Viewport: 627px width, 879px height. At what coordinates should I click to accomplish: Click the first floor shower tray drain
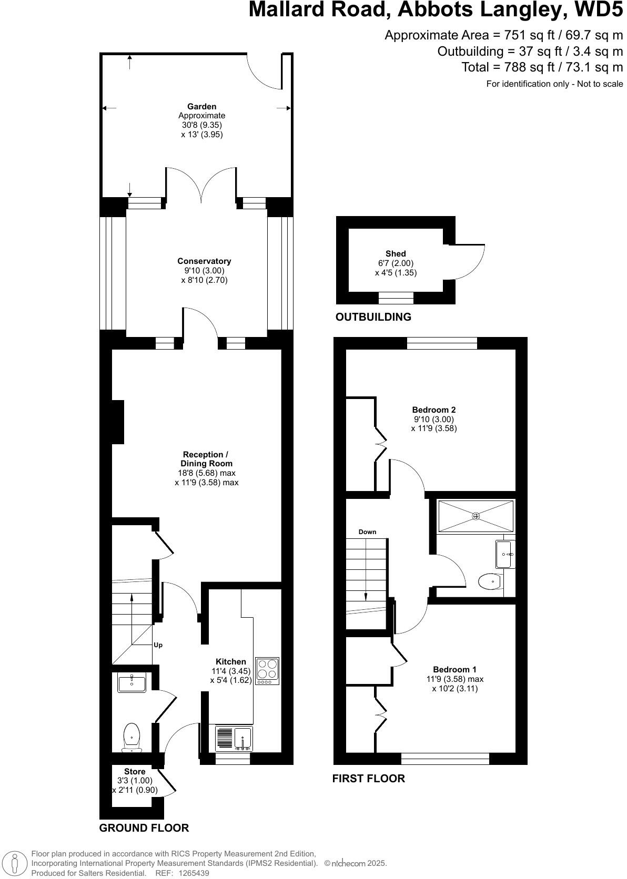tap(476, 516)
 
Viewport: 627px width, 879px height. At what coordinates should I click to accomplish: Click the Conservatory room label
tap(204, 261)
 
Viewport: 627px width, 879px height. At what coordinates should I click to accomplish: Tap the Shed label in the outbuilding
tap(396, 254)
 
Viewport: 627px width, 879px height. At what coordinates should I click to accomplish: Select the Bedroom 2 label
tap(433, 410)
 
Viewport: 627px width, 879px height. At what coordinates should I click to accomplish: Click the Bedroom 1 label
tap(454, 669)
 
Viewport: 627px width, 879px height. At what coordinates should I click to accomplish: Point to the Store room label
tap(135, 772)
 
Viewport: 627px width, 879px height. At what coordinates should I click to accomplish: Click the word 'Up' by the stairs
tap(158, 645)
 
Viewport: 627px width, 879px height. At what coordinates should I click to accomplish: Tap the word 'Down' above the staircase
tap(367, 532)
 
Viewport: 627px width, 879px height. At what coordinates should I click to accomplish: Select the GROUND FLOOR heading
tap(144, 828)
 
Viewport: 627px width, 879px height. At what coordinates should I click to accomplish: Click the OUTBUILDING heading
tap(373, 317)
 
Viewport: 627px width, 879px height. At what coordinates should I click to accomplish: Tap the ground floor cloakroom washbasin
tap(132, 683)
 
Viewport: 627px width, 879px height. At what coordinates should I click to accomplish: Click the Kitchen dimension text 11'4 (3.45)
tap(231, 671)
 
